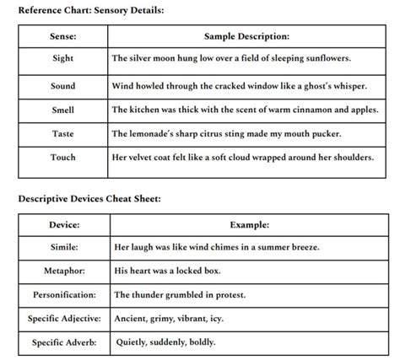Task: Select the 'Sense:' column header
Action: click(x=63, y=37)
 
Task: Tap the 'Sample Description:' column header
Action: click(x=247, y=37)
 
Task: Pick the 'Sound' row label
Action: click(x=63, y=86)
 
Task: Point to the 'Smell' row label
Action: click(x=63, y=110)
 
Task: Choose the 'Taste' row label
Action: click(x=63, y=133)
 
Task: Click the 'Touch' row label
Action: click(x=63, y=157)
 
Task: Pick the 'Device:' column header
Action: click(x=64, y=225)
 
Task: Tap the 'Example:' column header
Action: click(x=250, y=225)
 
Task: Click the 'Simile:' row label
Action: click(x=64, y=248)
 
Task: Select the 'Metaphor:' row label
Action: click(x=64, y=271)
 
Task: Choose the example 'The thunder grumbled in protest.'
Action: click(x=180, y=295)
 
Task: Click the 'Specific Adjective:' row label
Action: click(x=64, y=319)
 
